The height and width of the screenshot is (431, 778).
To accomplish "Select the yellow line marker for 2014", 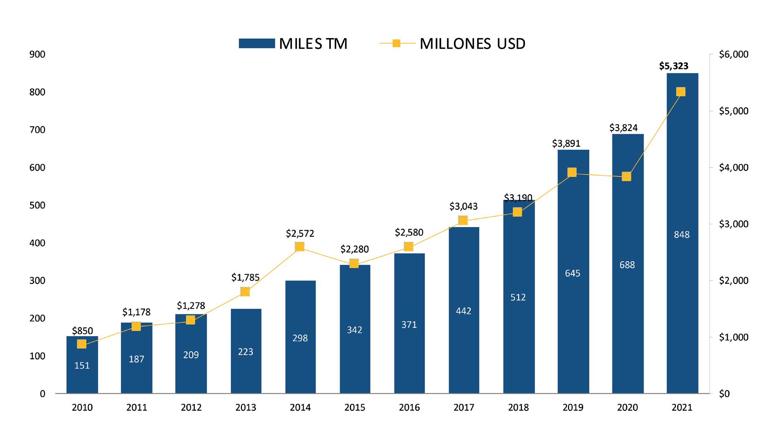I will (299, 247).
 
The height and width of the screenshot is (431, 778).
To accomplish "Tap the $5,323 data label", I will (673, 66).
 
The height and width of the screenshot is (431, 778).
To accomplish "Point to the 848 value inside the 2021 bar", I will (682, 235).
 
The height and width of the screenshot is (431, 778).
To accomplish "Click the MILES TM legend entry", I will (293, 43).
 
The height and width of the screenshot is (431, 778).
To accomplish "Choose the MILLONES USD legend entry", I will (452, 43).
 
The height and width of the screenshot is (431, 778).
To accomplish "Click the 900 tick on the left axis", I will (38, 54).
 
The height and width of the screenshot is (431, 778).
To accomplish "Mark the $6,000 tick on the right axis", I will (733, 54).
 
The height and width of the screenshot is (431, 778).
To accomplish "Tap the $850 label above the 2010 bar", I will (82, 331).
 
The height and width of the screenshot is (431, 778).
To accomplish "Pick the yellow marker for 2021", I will (681, 92).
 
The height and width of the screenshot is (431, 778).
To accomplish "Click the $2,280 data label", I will (354, 249).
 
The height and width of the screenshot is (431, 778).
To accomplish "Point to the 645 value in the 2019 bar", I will (573, 273).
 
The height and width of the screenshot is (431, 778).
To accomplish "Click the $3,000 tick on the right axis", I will (733, 224).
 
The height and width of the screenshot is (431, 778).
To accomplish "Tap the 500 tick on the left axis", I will (38, 205).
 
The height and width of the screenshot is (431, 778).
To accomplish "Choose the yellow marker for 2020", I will (626, 176).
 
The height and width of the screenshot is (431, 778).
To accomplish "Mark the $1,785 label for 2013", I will (246, 277).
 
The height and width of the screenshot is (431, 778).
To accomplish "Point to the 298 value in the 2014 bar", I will (300, 338).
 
